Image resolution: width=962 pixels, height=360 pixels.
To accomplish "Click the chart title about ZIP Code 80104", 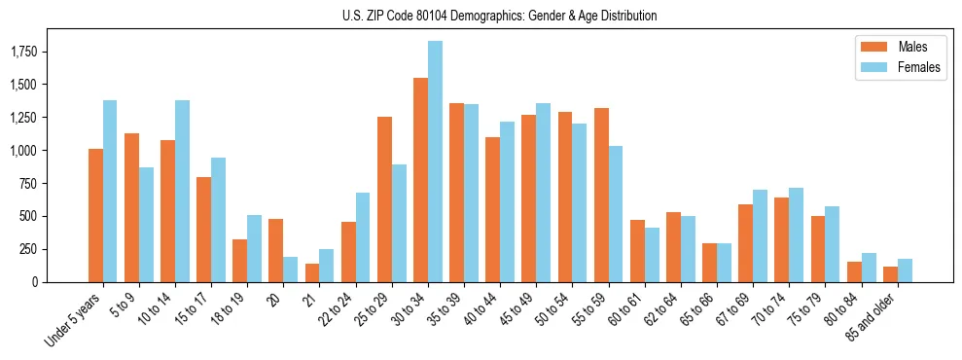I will tap(500, 16).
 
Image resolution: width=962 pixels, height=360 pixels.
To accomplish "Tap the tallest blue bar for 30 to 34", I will tap(435, 162).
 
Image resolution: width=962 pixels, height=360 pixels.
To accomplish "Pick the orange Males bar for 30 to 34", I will tap(420, 180).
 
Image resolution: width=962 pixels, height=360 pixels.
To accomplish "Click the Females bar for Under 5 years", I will tap(110, 191).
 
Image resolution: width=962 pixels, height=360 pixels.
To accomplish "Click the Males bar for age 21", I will tap(312, 272).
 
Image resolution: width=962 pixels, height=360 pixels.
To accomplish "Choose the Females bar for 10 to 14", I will tap(182, 191).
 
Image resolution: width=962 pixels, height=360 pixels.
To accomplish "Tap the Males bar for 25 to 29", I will tap(384, 199).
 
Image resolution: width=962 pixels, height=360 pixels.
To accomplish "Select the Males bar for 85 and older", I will tap(890, 273).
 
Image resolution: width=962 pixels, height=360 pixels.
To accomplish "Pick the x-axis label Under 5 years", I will tap(74, 321).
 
